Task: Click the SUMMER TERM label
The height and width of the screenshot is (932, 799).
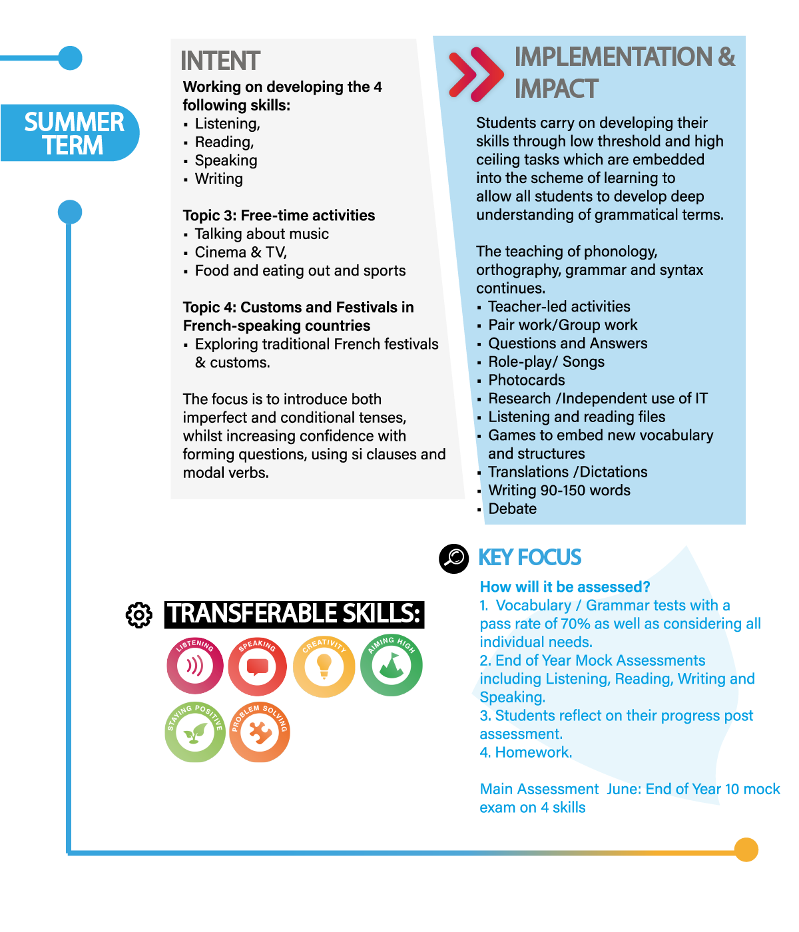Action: pyautogui.click(x=73, y=133)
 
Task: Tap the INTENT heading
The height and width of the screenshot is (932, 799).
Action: pyautogui.click(x=220, y=61)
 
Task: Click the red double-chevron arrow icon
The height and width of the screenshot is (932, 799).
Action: pyautogui.click(x=476, y=74)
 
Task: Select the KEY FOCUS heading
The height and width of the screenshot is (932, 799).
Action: pyautogui.click(x=530, y=557)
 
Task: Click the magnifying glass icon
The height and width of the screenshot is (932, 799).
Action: pyautogui.click(x=454, y=557)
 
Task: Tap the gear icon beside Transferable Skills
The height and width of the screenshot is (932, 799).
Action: pyautogui.click(x=138, y=614)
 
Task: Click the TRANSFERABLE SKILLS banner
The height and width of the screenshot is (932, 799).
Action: pyautogui.click(x=294, y=614)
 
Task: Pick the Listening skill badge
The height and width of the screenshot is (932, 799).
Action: pyautogui.click(x=195, y=666)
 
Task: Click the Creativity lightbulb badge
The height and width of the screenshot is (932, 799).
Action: pyautogui.click(x=324, y=666)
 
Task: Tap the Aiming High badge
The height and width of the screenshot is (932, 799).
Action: pyautogui.click(x=392, y=666)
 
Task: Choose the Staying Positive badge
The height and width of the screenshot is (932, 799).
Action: pyautogui.click(x=194, y=732)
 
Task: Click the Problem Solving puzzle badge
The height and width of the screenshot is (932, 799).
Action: pyautogui.click(x=260, y=732)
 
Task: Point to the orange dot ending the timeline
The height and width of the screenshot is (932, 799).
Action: pyautogui.click(x=746, y=849)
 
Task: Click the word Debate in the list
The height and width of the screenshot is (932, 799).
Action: pyautogui.click(x=512, y=509)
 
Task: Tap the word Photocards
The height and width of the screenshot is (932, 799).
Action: pyautogui.click(x=526, y=380)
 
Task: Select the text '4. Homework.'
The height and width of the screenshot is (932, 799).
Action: pyautogui.click(x=525, y=752)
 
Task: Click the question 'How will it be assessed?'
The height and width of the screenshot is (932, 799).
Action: pyautogui.click(x=565, y=586)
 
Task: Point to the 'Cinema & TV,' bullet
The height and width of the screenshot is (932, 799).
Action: pyautogui.click(x=240, y=252)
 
